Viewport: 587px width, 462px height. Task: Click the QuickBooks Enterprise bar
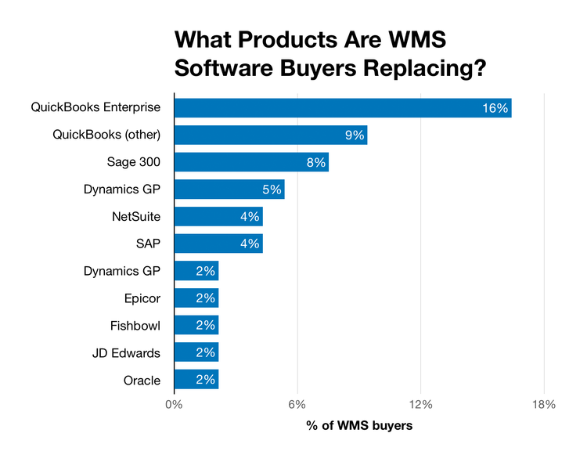tap(342, 108)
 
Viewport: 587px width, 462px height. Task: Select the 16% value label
tap(495, 108)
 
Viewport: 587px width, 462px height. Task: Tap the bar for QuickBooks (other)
tap(270, 135)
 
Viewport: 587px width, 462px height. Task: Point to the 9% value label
tap(355, 135)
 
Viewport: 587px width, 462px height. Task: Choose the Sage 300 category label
tap(133, 162)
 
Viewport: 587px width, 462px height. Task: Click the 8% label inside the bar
tap(315, 162)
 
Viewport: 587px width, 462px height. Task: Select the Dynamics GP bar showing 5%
tap(229, 189)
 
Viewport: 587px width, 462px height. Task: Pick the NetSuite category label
tap(136, 217)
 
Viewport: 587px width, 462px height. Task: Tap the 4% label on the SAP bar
tap(250, 244)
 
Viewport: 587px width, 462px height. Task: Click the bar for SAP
tap(218, 244)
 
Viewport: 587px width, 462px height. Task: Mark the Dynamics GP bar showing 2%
tap(196, 271)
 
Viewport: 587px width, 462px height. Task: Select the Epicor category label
tap(142, 298)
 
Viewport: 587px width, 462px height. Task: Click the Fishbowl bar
tap(196, 326)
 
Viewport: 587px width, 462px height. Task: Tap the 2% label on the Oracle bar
tap(206, 381)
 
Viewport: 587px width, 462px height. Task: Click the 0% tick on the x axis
tap(174, 405)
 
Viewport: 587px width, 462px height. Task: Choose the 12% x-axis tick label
tap(420, 405)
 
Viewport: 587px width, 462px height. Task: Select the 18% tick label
tap(543, 405)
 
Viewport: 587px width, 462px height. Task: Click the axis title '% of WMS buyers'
tap(358, 427)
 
